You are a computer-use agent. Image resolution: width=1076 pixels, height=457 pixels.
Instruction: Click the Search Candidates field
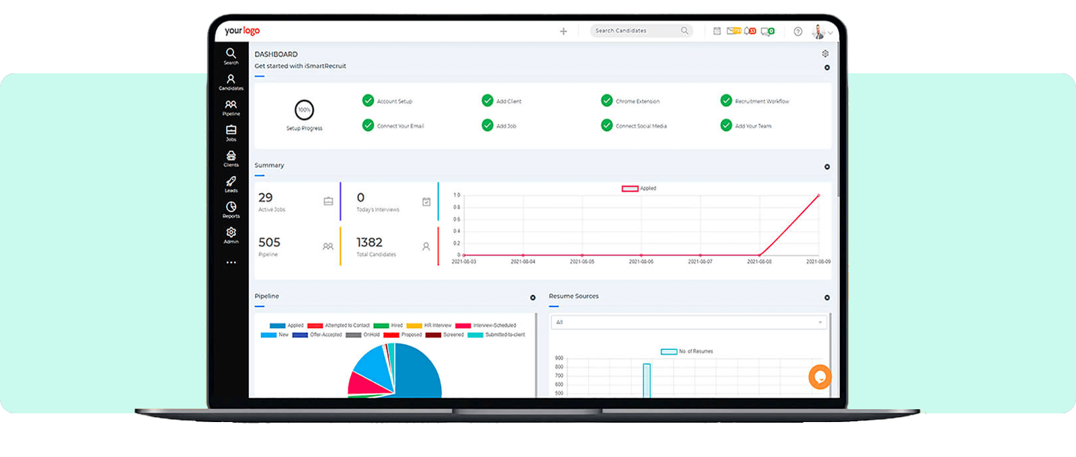(x=636, y=31)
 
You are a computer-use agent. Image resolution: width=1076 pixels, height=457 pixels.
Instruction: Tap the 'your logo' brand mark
(x=242, y=31)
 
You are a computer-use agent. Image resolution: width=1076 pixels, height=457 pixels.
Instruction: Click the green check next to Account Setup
(x=368, y=101)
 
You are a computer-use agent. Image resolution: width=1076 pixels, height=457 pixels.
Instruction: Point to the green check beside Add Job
(x=488, y=125)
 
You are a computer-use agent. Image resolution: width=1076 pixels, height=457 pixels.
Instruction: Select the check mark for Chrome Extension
(x=607, y=101)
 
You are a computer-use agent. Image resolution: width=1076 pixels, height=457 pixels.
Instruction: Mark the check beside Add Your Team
(x=726, y=125)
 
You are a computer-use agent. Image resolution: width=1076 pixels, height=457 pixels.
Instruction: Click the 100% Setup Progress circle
(x=305, y=110)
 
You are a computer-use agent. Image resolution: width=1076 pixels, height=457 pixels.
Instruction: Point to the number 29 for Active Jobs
(x=266, y=198)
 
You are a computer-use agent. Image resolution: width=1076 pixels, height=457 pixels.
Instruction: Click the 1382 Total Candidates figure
(x=369, y=243)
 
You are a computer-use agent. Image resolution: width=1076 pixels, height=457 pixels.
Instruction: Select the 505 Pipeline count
(x=269, y=243)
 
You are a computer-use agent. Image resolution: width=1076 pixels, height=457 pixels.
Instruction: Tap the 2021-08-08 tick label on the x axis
(x=759, y=261)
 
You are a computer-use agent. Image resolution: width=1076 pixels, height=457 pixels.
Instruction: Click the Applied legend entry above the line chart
(x=639, y=189)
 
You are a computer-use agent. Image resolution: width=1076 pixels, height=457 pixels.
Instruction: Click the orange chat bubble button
(x=820, y=376)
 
